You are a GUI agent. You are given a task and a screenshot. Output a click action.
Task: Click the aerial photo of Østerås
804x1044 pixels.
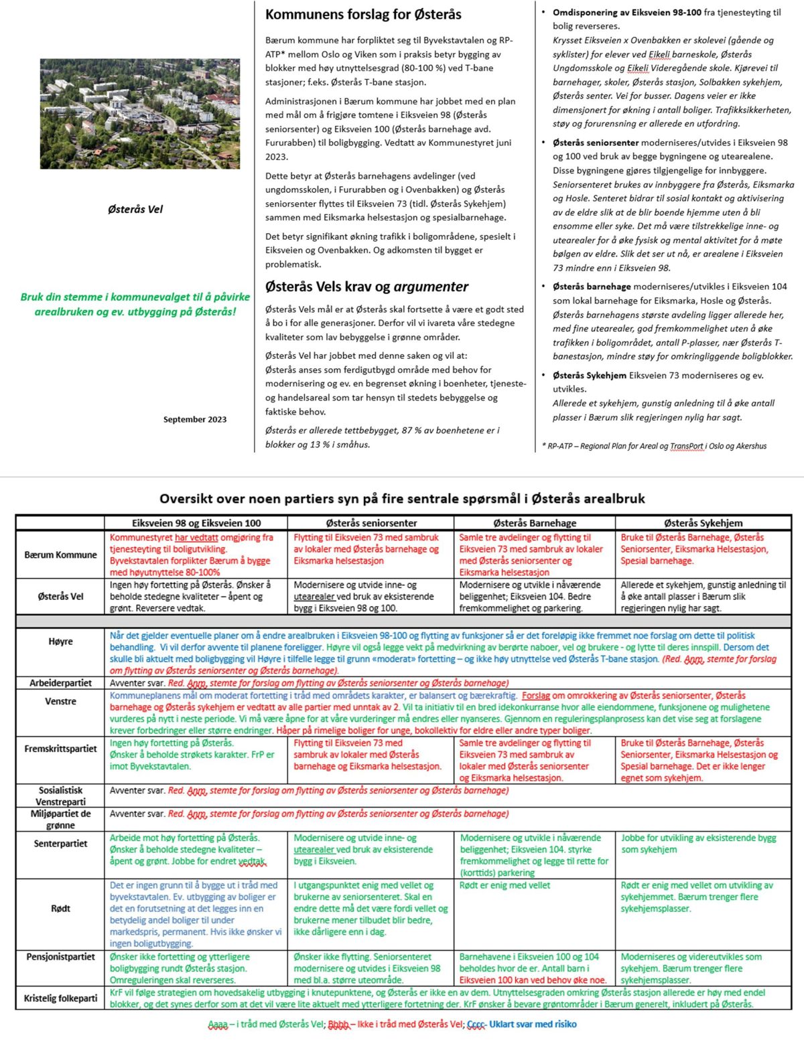139,113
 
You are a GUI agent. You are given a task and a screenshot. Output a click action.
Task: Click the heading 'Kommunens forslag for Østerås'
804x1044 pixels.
363,14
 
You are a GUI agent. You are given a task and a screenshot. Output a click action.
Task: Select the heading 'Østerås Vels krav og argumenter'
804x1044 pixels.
366,287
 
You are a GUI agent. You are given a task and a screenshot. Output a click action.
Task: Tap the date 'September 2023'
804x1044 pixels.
195,419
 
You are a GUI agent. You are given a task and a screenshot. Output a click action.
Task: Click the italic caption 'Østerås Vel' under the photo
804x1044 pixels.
135,209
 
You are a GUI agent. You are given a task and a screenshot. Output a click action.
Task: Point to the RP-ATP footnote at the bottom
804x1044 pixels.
654,446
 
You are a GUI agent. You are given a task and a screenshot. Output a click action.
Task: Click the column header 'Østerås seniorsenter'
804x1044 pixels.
371,523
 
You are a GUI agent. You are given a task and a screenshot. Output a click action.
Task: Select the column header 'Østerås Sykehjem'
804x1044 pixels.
703,523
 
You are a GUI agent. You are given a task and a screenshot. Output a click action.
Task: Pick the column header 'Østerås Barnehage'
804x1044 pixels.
534,523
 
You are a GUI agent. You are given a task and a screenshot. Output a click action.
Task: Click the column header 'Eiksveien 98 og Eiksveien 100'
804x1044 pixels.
196,523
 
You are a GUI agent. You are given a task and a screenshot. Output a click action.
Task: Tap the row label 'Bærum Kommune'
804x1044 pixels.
60,554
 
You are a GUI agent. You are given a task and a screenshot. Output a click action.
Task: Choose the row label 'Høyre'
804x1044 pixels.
60,641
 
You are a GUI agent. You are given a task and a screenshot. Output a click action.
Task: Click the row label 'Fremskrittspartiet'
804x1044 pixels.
60,749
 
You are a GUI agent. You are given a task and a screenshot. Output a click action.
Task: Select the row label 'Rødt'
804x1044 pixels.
60,908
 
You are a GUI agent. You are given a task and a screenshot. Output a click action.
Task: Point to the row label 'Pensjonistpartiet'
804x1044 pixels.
60,957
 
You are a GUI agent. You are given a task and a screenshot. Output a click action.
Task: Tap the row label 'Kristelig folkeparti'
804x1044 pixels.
60,998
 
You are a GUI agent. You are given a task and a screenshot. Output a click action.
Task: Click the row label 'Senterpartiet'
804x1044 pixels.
60,843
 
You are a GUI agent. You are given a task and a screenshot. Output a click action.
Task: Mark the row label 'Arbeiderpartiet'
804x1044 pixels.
60,683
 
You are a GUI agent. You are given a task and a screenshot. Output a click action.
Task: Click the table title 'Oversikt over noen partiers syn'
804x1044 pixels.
402,498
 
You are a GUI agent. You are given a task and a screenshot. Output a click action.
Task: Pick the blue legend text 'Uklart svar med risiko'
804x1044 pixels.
533,1024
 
